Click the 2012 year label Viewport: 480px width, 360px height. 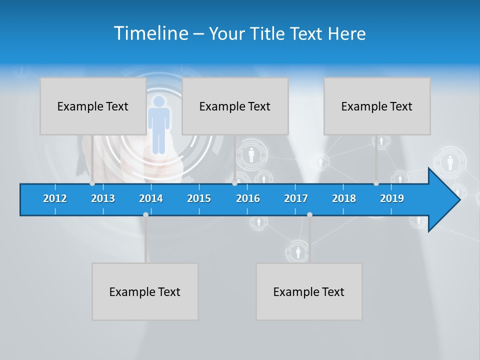point(55,198)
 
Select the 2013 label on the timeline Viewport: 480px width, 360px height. point(103,198)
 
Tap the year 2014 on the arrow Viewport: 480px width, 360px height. point(151,198)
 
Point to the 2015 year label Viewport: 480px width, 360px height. point(199,198)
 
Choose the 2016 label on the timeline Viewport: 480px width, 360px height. point(248,198)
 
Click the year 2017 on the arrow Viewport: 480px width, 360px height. point(296,198)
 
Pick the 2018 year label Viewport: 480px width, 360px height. point(344,198)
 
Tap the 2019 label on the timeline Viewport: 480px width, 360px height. point(392,198)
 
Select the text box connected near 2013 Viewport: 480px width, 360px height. point(93,106)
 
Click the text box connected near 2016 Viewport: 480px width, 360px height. point(235,106)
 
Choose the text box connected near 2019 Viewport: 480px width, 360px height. point(377,106)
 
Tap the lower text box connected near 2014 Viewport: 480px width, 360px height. point(145,291)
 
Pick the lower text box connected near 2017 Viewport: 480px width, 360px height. point(309,291)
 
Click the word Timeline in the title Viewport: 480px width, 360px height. point(150,33)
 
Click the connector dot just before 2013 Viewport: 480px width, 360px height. point(92,183)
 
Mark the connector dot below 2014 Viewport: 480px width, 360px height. point(145,215)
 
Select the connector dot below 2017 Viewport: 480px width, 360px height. point(309,215)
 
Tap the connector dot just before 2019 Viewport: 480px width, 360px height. point(376,183)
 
